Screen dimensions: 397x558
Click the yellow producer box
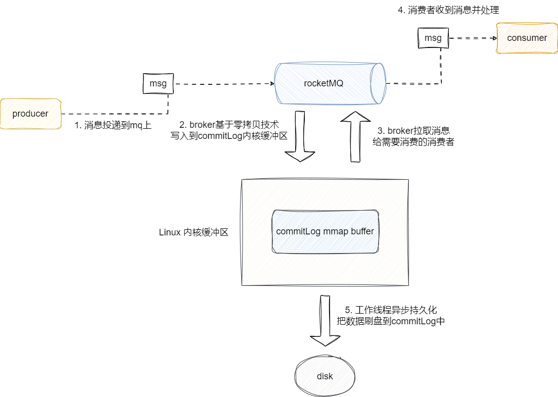tap(30, 114)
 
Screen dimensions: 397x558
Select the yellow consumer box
tap(527, 38)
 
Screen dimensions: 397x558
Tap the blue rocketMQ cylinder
tap(329, 83)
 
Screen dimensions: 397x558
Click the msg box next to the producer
tap(158, 83)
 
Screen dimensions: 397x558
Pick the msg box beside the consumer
tap(433, 38)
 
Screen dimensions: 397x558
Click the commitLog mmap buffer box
tap(325, 231)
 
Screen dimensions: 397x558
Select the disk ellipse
tap(325, 376)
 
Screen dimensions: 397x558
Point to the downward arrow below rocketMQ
tap(300, 136)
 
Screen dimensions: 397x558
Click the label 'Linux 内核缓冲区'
tap(194, 233)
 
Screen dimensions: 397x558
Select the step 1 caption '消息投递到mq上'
tap(113, 125)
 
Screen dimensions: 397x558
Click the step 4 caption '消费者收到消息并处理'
tap(448, 10)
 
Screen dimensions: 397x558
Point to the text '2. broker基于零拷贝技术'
tap(228, 124)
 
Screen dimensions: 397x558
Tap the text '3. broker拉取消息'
tap(413, 130)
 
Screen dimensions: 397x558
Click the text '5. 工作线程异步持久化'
tap(391, 310)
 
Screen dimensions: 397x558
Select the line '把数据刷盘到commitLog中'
tap(391, 321)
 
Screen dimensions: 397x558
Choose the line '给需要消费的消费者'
tap(413, 142)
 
